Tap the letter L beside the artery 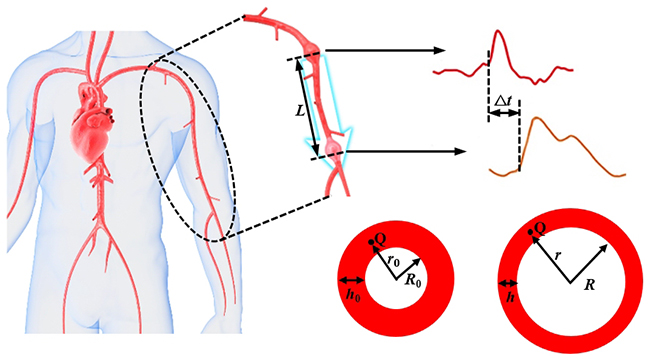coord(301,110)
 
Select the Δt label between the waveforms coord(503,100)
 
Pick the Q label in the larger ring coord(541,227)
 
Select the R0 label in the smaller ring coord(413,281)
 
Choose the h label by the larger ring coord(510,297)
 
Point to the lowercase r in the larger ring coord(558,255)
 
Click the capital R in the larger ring coord(589,285)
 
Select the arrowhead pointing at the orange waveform coord(461,151)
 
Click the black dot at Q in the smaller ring coord(371,242)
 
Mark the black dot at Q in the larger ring coord(530,232)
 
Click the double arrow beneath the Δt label coord(503,113)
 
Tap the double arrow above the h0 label coord(352,281)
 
